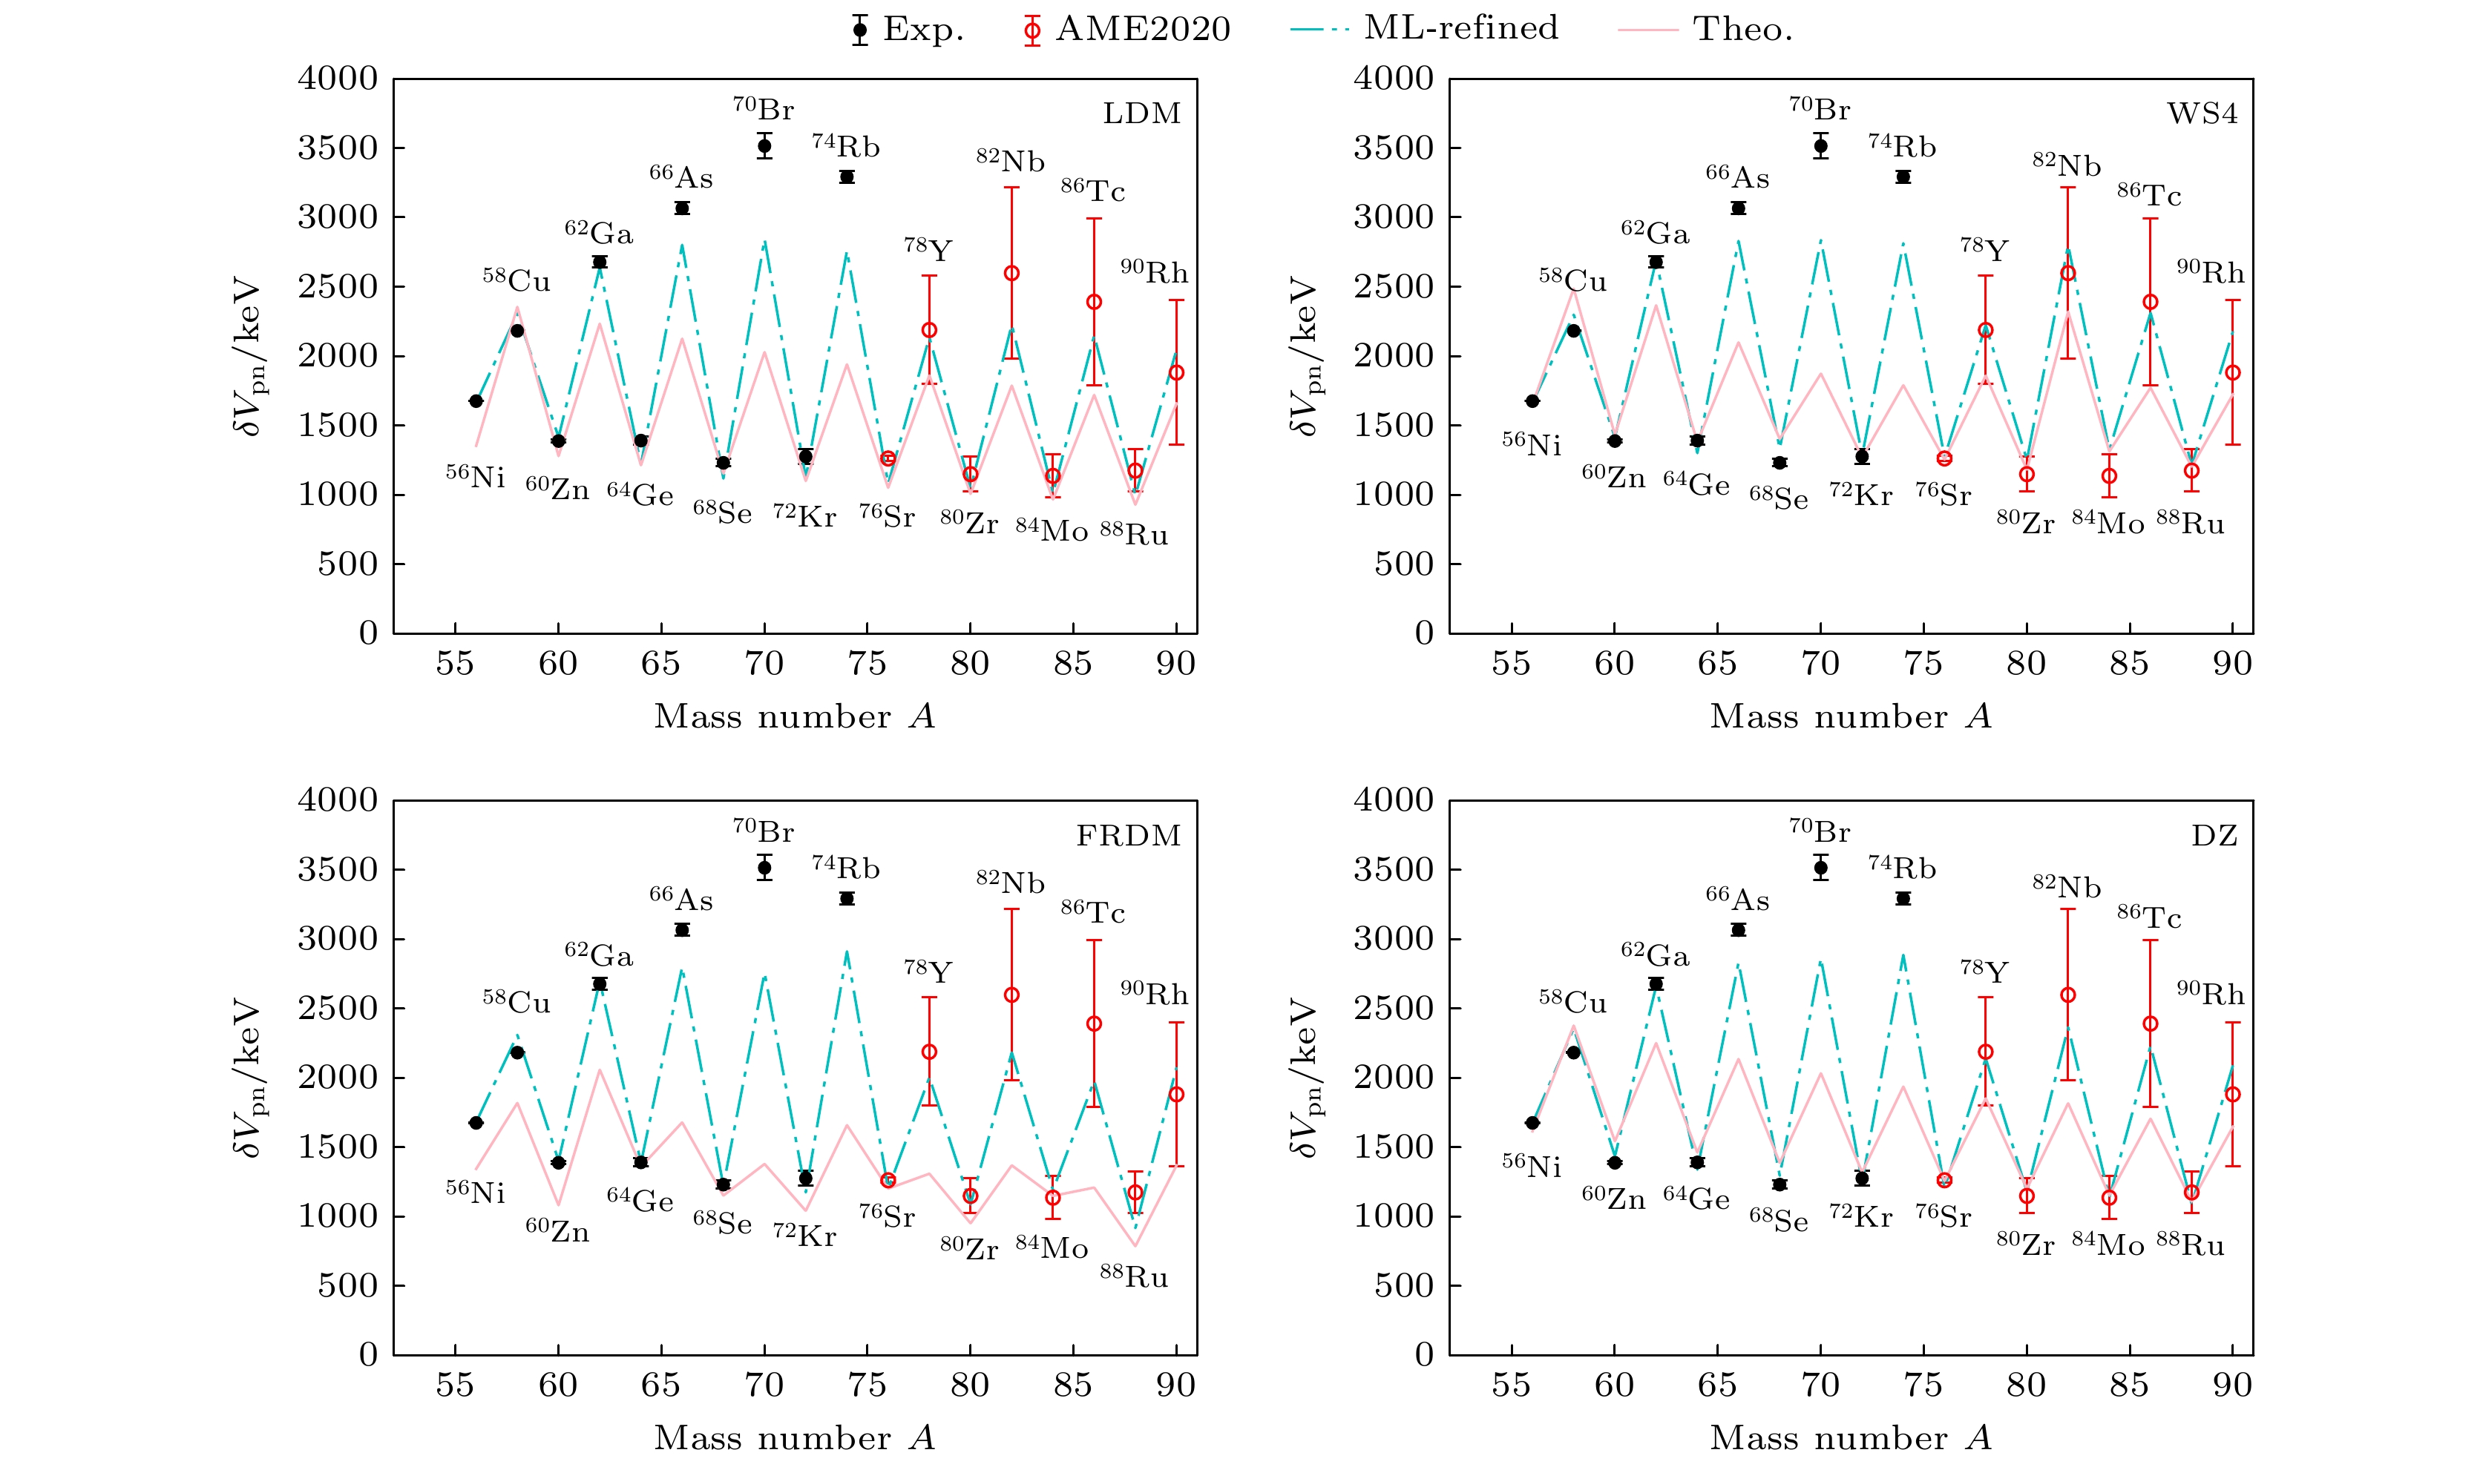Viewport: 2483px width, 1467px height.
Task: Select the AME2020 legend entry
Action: pos(1126,30)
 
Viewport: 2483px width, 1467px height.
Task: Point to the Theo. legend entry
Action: pos(1706,30)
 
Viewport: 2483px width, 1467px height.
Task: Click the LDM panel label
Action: pos(1141,113)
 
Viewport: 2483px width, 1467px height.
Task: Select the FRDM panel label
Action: pos(1128,837)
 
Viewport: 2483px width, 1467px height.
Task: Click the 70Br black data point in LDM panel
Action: pos(764,146)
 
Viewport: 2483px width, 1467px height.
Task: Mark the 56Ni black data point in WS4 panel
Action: pos(1532,401)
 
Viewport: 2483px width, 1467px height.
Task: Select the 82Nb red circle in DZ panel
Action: pos(2067,995)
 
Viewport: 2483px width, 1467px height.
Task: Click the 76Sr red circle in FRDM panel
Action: pos(888,1180)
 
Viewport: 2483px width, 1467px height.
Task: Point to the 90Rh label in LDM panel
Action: pos(1154,272)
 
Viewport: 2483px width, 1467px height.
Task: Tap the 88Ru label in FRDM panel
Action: pos(1134,1277)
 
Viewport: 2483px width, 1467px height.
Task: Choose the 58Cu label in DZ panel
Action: pos(1572,1003)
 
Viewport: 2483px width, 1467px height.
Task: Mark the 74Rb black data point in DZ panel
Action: pos(1903,899)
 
